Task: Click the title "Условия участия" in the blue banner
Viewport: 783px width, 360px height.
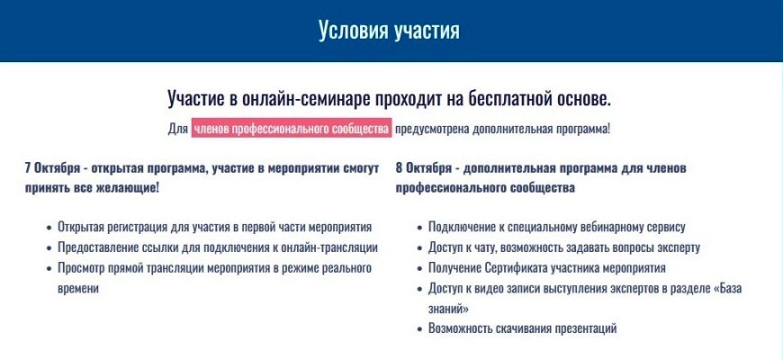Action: [x=389, y=31]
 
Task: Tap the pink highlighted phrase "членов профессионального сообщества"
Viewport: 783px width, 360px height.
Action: [x=292, y=129]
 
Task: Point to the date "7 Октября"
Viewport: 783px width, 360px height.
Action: [x=52, y=167]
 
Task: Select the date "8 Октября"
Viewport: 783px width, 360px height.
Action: [x=424, y=167]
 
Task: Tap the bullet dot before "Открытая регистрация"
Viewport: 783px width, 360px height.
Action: [x=49, y=228]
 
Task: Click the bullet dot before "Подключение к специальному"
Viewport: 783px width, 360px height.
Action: [x=419, y=228]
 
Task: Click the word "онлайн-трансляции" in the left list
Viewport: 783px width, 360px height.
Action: [x=335, y=247]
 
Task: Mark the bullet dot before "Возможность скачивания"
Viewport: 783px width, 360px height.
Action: [x=419, y=329]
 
